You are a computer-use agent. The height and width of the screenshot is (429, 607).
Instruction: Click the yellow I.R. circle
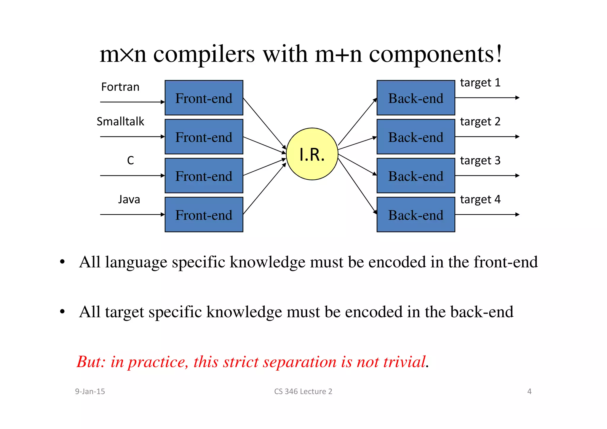coord(312,154)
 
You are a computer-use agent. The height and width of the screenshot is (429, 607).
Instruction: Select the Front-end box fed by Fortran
coord(204,98)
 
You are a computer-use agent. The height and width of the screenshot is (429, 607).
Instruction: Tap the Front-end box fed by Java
coord(204,215)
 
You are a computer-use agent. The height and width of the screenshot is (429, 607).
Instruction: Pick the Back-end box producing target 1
coord(416,98)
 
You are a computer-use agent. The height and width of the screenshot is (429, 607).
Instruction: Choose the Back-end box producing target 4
coord(416,215)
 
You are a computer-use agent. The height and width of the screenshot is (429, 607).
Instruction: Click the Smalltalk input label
coord(120,122)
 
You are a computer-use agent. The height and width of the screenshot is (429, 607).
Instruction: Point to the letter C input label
coord(130,160)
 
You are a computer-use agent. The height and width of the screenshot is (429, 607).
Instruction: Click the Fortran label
coord(120,87)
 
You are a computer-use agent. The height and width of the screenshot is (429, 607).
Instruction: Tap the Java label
coord(129,200)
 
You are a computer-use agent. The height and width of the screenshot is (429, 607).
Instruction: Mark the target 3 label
coord(480,161)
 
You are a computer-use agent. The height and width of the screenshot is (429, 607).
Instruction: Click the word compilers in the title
coord(204,54)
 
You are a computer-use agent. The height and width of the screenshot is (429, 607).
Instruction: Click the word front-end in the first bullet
coord(506,262)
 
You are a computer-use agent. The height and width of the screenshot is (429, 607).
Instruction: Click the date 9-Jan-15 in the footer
coord(90,392)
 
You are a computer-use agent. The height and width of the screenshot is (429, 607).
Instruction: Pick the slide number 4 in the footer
coord(529,392)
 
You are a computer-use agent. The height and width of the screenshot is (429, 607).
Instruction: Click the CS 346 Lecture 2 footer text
coord(303,392)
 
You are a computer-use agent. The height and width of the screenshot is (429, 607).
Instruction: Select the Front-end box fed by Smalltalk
coord(204,137)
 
